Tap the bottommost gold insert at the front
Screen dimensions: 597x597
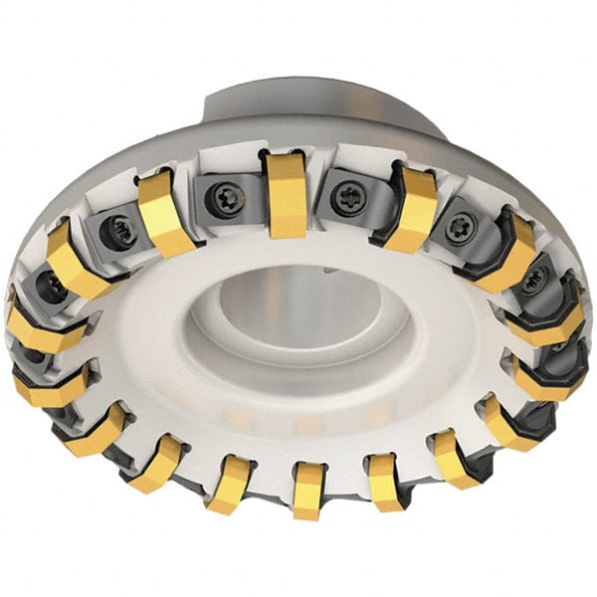[307, 490]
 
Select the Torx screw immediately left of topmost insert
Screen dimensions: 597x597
[221, 198]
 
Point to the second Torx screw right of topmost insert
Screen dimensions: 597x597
[460, 229]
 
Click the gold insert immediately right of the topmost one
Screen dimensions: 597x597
[410, 209]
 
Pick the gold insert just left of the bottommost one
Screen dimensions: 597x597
[231, 482]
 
